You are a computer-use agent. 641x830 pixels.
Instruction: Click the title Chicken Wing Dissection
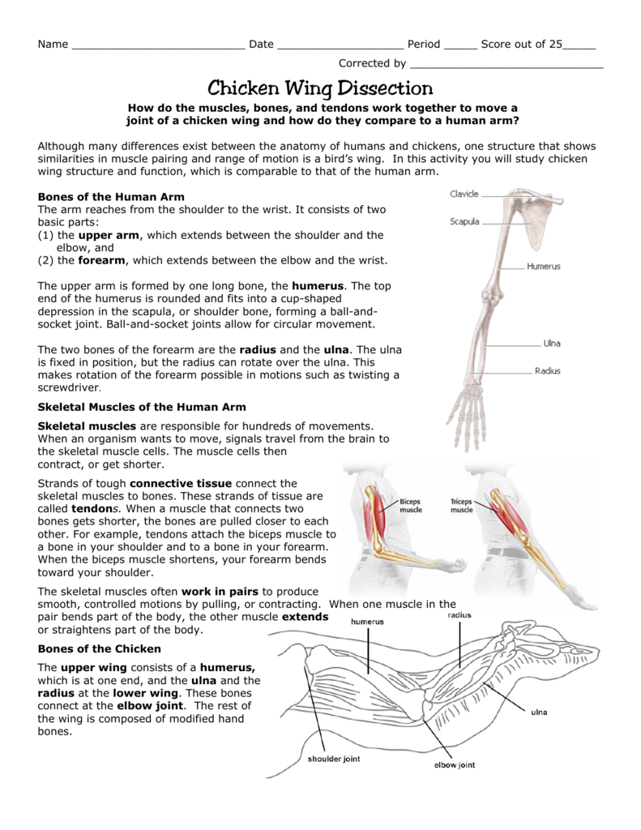click(x=321, y=88)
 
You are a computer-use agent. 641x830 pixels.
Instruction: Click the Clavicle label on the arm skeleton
click(x=464, y=195)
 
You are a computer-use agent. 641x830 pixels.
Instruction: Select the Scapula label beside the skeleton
click(x=465, y=221)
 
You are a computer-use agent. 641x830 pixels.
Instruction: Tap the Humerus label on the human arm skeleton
click(x=543, y=266)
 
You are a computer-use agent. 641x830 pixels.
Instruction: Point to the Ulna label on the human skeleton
click(x=551, y=343)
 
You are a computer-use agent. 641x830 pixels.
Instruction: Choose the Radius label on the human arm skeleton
click(x=547, y=371)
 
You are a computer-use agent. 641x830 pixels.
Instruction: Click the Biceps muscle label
click(x=411, y=506)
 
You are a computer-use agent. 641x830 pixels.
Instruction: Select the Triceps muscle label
click(x=461, y=506)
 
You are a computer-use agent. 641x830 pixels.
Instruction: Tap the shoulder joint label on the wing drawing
click(x=333, y=759)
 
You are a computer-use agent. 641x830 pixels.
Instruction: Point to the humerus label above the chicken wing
click(x=367, y=622)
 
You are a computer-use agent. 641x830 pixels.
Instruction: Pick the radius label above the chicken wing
click(x=459, y=615)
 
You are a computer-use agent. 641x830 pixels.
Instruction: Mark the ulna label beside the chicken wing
click(x=539, y=712)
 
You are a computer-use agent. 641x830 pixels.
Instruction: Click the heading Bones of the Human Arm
click(x=112, y=197)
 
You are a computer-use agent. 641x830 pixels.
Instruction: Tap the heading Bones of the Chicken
click(x=100, y=648)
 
